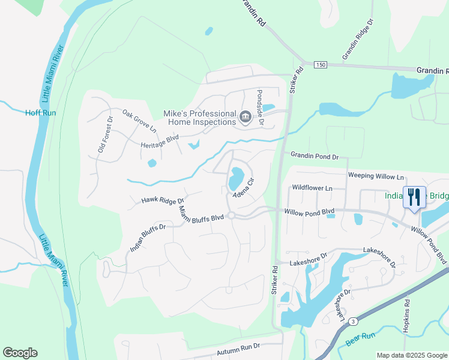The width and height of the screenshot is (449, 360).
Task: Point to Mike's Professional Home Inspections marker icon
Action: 245,117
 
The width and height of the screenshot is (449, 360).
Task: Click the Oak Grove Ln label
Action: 139,121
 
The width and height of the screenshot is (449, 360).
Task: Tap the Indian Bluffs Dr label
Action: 147,238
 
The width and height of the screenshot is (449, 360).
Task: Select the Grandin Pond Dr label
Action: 315,156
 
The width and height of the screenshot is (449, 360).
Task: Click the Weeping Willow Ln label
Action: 376,176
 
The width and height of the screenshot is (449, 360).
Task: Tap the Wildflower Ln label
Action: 312,188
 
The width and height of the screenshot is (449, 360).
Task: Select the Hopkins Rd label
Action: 407,316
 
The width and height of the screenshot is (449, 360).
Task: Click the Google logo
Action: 20,353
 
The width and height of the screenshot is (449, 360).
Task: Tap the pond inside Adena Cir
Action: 236,177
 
